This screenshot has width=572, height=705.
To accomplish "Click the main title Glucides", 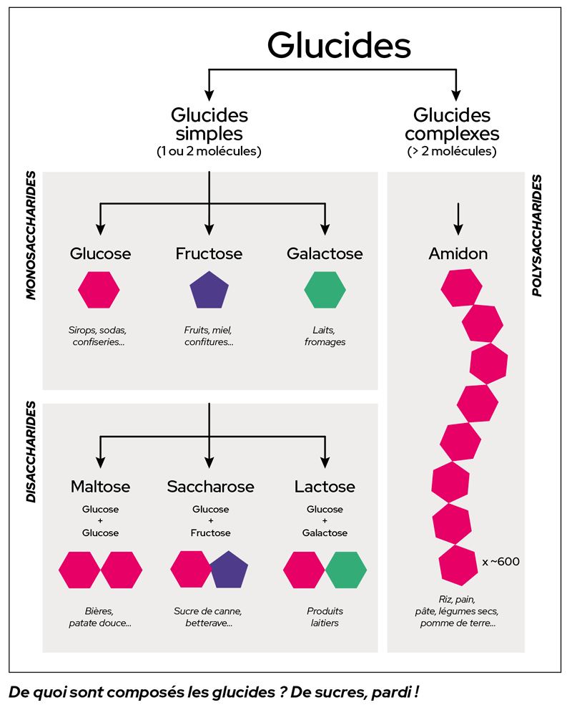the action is tap(339, 45).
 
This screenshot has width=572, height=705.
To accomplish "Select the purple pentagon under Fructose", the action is tap(209, 291).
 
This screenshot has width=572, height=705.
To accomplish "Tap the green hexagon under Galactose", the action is tap(325, 290).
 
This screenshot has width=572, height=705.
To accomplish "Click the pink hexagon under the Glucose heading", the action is tap(99, 290).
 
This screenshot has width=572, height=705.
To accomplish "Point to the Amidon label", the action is tap(458, 253).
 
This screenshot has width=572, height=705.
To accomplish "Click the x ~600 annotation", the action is tap(500, 562).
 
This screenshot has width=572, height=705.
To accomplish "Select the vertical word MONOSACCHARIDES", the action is tap(31, 235).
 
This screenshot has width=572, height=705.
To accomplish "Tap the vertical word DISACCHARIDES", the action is tap(31, 452).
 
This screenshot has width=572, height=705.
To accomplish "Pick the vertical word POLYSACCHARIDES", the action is tap(536, 235).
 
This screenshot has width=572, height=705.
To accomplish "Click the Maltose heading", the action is tap(100, 487).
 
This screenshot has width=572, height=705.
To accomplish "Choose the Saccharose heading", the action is tap(211, 487).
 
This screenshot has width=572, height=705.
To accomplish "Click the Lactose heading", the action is tap(325, 487).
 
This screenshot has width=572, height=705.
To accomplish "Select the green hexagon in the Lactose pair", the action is tap(346, 570).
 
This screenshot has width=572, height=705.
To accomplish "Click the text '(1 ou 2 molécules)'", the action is tap(209, 151).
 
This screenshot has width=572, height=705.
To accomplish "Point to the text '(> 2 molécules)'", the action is tap(452, 151).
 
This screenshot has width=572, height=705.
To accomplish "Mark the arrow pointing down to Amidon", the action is tap(458, 219).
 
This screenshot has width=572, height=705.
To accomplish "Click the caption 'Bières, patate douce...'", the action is tap(99, 617).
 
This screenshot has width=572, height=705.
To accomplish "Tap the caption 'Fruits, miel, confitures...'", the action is tap(209, 336).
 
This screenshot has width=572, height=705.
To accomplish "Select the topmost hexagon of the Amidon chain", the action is tap(461, 288).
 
